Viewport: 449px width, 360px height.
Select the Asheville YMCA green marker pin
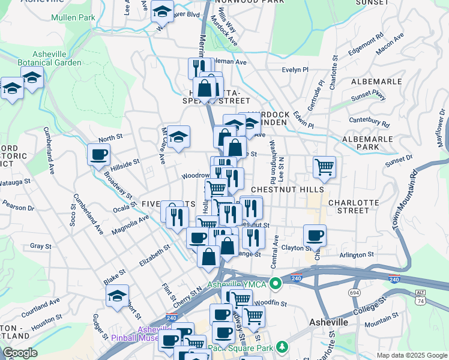(276, 283)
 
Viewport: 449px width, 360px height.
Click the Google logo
(20, 353)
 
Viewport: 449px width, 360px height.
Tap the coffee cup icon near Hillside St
(98, 155)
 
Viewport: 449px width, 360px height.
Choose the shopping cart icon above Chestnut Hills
(324, 166)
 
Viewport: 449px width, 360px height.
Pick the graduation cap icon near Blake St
(118, 295)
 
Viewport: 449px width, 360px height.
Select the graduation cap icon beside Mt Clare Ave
(178, 136)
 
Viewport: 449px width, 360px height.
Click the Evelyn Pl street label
(295, 70)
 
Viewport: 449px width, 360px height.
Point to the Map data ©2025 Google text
(411, 355)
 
